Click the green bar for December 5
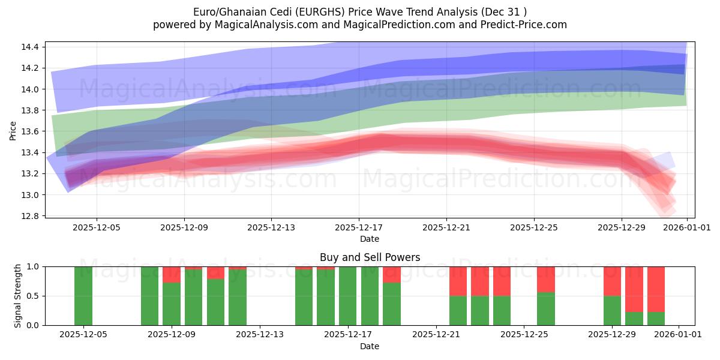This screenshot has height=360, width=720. tap(83, 296)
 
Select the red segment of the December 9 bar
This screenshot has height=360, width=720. tap(172, 275)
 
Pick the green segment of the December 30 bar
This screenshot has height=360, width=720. tap(634, 318)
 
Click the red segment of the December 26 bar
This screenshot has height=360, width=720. tap(546, 280)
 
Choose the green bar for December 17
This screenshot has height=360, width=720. tap(348, 296)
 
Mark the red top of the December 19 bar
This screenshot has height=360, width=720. tap(392, 275)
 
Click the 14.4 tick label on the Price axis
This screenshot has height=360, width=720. tap(29, 47)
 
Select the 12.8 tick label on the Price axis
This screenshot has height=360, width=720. tap(29, 216)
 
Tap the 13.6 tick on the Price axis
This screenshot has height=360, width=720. tap(29, 131)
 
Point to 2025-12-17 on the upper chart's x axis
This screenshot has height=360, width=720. tap(359, 228)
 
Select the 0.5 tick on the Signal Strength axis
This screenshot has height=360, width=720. tap(33, 296)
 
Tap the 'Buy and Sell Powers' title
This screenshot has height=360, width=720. tap(370, 257)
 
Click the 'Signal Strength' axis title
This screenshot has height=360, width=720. tap(18, 296)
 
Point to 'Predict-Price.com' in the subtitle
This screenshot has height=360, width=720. tap(528, 25)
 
